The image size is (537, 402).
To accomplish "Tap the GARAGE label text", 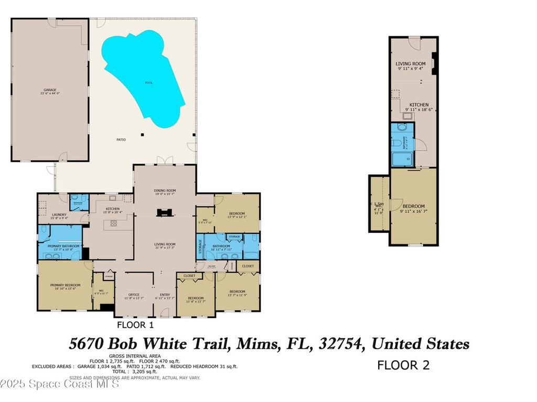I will (50, 90).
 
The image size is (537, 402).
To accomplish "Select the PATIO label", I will (121, 140).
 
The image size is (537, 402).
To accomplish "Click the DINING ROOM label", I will (165, 191).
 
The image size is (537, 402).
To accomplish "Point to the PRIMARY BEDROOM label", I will (63, 286).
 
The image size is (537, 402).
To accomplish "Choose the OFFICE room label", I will (134, 295).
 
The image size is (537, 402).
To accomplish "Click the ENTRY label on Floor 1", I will (165, 295).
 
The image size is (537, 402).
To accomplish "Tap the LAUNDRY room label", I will (59, 215).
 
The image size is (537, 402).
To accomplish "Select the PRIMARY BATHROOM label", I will (63, 246).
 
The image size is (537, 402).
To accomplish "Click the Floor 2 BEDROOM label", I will (413, 206).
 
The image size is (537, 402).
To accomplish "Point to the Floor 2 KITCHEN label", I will (419, 105).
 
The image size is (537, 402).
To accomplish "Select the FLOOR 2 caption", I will (403, 365).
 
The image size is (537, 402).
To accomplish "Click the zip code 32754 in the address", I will (342, 344).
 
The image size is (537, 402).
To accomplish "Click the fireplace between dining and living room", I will (165, 212).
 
